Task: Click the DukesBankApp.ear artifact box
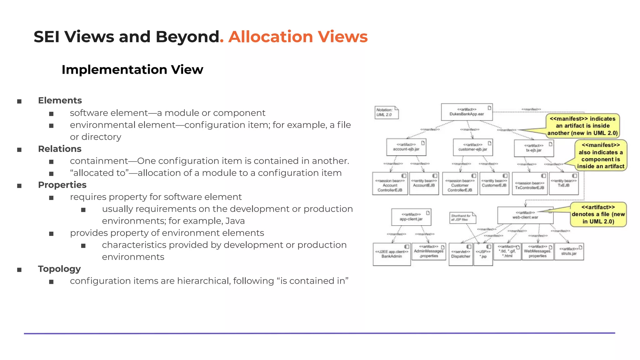coord(467,112)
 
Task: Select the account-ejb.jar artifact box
coord(406,147)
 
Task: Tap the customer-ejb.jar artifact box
coord(473,147)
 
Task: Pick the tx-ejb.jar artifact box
coord(534,148)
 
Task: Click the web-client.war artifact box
coord(525,215)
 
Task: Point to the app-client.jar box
coord(411,217)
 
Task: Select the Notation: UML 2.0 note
coord(386,112)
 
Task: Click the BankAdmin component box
coord(392,254)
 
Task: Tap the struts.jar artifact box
coord(569,252)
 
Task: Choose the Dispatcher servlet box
coord(461,254)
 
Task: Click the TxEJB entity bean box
coord(563,183)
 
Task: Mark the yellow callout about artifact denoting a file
coord(598,214)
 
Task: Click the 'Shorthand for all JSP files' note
coord(462,218)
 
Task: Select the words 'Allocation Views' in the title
coord(298,37)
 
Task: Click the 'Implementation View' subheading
coord(132,70)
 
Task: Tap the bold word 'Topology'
coord(59,269)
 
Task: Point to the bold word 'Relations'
coord(60,149)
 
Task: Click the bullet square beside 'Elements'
coord(19,101)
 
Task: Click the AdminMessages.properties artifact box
coord(429,252)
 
